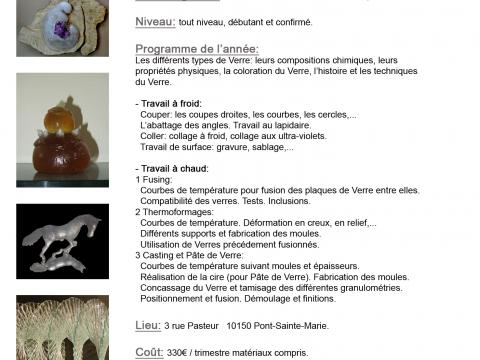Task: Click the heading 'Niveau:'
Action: (155, 21)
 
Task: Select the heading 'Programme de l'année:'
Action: (197, 49)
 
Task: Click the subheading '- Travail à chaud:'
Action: (170, 169)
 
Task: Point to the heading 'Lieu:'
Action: (147, 325)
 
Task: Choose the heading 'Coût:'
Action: (149, 352)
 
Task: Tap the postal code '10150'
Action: (241, 326)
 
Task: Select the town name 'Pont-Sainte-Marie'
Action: (291, 326)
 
